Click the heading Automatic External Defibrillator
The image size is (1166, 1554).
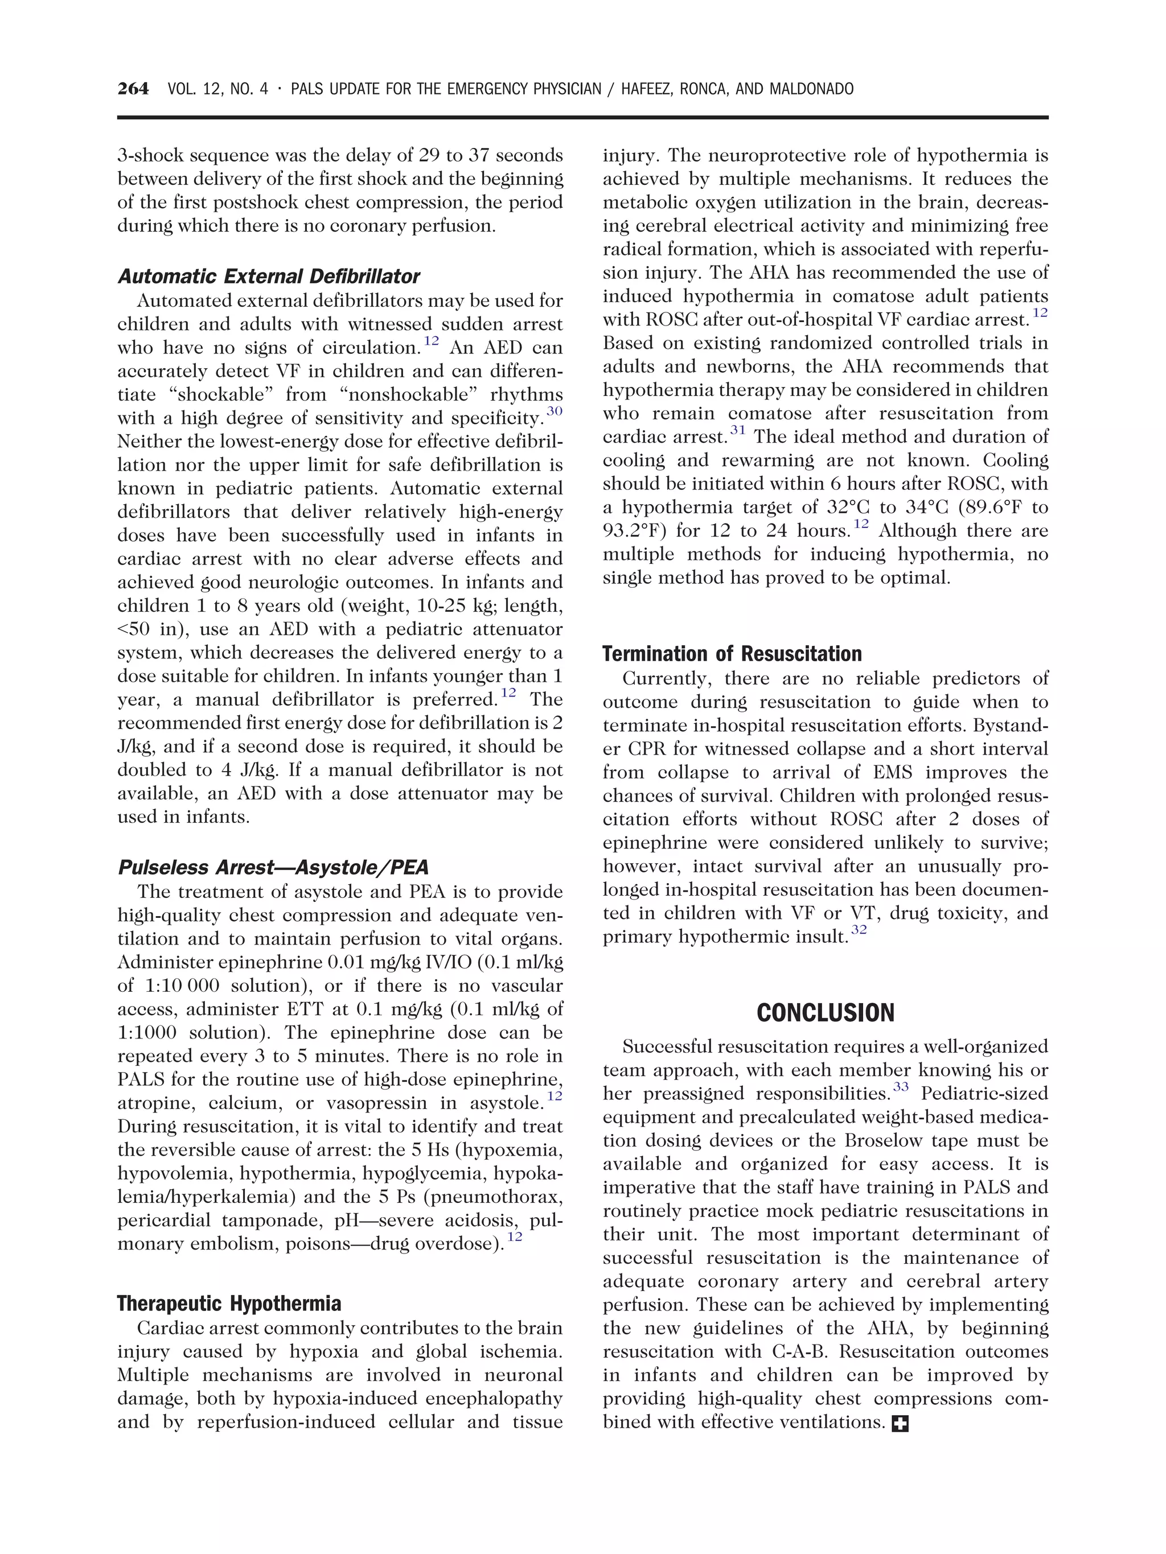click(x=269, y=276)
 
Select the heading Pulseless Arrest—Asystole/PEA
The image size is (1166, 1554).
click(x=273, y=868)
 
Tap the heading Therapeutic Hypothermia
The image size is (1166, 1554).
click(x=228, y=1304)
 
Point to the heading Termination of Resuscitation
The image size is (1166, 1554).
click(x=732, y=654)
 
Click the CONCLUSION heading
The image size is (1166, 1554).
click(x=825, y=1013)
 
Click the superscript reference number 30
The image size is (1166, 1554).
click(x=555, y=411)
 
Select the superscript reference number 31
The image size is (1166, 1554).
click(x=737, y=430)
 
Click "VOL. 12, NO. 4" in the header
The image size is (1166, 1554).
click(x=218, y=89)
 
